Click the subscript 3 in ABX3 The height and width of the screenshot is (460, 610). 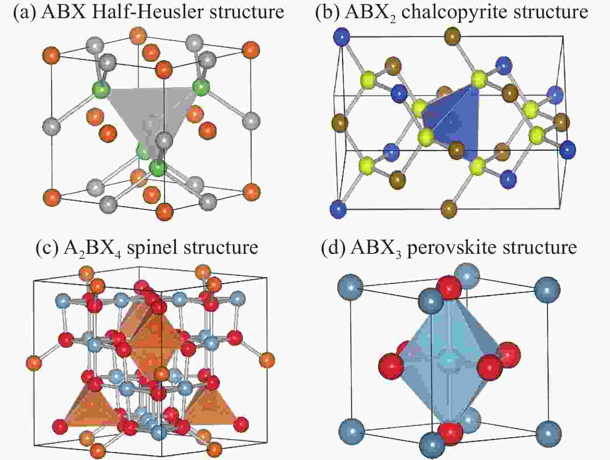pos(398,255)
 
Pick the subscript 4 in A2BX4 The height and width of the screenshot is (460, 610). pos(118,255)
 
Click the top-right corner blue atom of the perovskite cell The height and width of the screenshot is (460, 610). pos(547,290)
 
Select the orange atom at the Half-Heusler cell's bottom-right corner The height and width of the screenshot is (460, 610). pos(251,192)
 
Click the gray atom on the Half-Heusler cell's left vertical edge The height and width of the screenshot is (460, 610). pos(52,127)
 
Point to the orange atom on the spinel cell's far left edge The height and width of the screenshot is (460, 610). pos(34,363)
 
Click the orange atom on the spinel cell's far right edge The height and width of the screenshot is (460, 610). pos(267,360)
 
